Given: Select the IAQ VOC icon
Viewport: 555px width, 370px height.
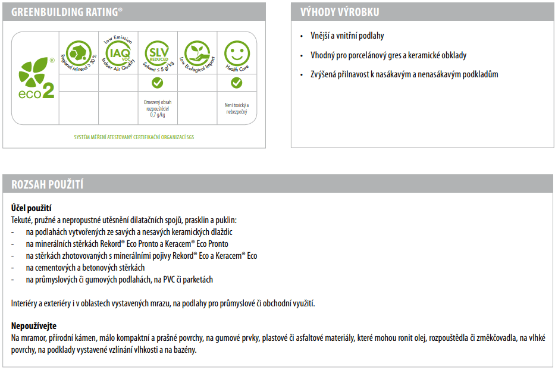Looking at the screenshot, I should (x=118, y=52).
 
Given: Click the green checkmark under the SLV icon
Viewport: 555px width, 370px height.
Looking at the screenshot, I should (x=158, y=83).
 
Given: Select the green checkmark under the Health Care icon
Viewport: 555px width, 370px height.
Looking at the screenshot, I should (x=237, y=83).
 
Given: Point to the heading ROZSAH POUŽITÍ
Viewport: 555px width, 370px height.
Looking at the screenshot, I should (x=48, y=184).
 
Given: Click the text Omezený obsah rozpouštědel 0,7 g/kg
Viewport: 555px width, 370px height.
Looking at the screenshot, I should (x=158, y=108).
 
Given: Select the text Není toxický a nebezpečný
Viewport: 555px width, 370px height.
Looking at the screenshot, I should (x=237, y=108).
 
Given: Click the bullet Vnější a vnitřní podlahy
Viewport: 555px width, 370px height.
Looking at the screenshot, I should (x=347, y=36).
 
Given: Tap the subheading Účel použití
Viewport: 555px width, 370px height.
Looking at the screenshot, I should (x=31, y=208).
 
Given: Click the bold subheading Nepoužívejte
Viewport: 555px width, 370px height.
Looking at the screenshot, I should (x=35, y=326).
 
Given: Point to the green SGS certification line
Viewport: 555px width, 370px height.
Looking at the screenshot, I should (x=134, y=137).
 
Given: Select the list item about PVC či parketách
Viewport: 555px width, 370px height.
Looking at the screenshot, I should (x=119, y=280).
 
